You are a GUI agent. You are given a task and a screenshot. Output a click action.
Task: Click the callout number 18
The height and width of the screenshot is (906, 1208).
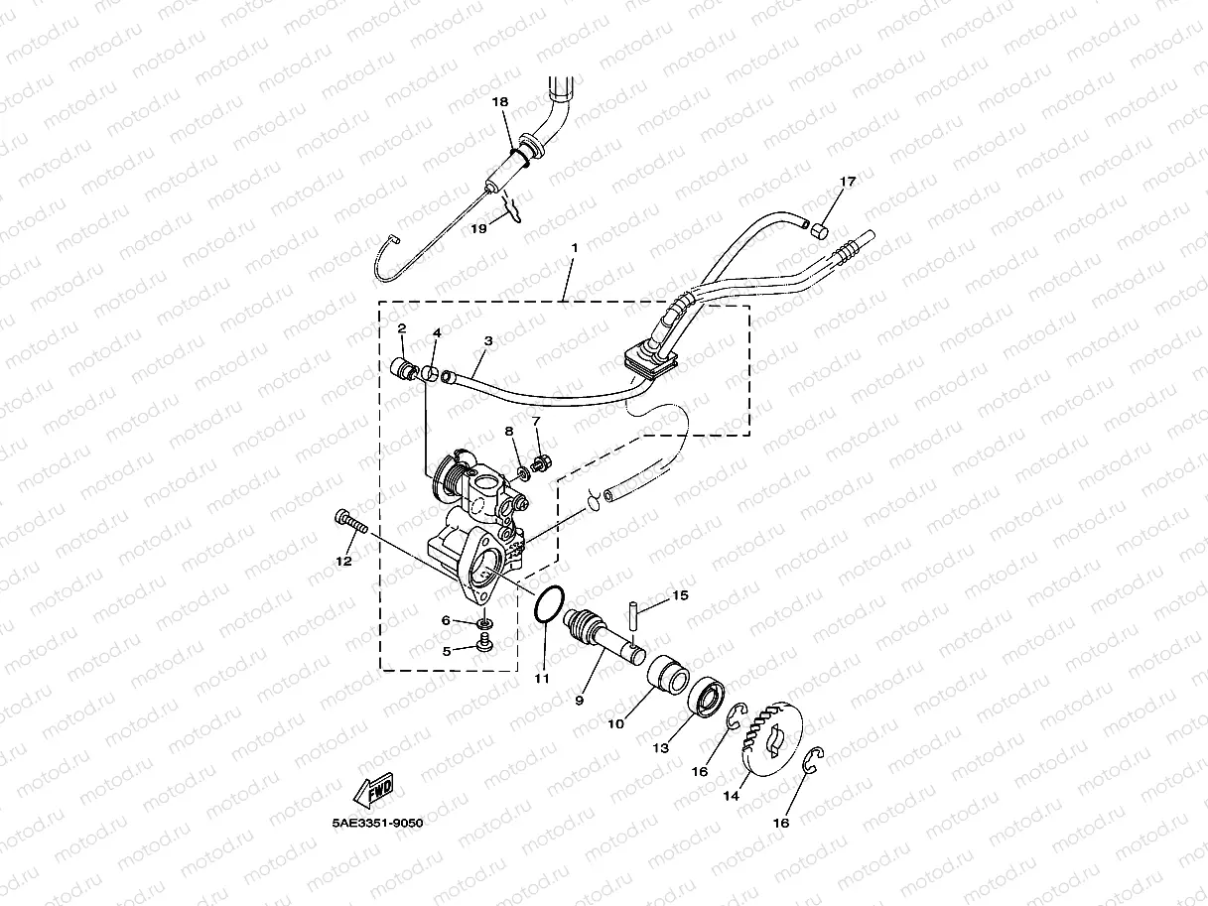pyautogui.click(x=499, y=101)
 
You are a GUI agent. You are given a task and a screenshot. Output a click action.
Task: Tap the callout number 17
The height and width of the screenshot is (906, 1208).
pyautogui.click(x=847, y=182)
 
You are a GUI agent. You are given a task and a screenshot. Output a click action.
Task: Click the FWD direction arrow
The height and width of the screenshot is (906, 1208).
pyautogui.click(x=373, y=793)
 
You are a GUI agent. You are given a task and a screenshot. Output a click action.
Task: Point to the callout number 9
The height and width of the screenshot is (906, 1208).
pyautogui.click(x=580, y=701)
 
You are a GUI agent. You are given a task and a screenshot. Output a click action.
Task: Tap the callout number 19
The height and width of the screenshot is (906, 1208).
pyautogui.click(x=478, y=228)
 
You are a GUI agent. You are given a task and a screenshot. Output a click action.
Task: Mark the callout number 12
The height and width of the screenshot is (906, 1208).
pyautogui.click(x=343, y=561)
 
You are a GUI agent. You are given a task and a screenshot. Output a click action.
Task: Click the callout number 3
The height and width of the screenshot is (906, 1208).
pyautogui.click(x=487, y=340)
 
